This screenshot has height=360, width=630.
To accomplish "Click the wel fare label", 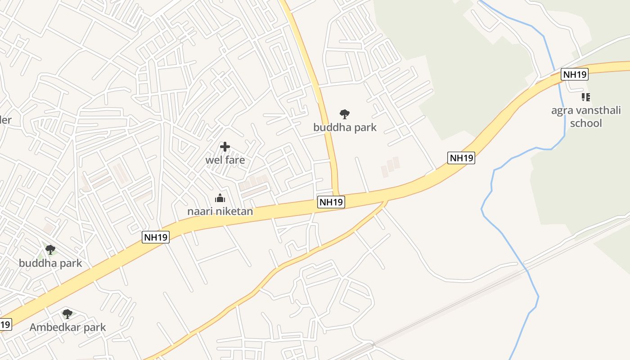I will pyautogui.click(x=225, y=160).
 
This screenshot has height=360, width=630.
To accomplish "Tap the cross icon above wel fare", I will pyautogui.click(x=225, y=147).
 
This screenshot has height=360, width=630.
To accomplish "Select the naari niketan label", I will pyautogui.click(x=220, y=211).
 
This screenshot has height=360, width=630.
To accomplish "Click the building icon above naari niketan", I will pyautogui.click(x=220, y=198).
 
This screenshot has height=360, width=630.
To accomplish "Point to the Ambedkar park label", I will pyautogui.click(x=67, y=327).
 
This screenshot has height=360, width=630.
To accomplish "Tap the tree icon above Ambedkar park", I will pyautogui.click(x=67, y=314).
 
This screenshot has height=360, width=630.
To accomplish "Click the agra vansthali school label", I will pyautogui.click(x=586, y=117).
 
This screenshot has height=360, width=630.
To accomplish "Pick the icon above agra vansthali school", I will pyautogui.click(x=586, y=97).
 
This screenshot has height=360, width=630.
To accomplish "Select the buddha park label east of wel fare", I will pyautogui.click(x=345, y=127).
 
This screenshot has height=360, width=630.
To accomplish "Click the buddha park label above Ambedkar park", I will pyautogui.click(x=50, y=263).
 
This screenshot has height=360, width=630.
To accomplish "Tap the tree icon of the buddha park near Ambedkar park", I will pyautogui.click(x=50, y=250).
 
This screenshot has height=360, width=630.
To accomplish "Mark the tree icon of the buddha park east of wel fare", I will pyautogui.click(x=345, y=114).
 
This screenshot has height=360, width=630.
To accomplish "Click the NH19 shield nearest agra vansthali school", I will pyautogui.click(x=575, y=74).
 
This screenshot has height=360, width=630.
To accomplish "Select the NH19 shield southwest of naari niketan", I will pyautogui.click(x=156, y=237).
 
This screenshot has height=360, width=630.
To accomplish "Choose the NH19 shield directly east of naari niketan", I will pyautogui.click(x=331, y=202).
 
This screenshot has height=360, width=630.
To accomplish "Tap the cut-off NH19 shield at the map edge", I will pyautogui.click(x=4, y=324).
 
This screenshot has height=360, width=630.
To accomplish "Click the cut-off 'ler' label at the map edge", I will pyautogui.click(x=5, y=120).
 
